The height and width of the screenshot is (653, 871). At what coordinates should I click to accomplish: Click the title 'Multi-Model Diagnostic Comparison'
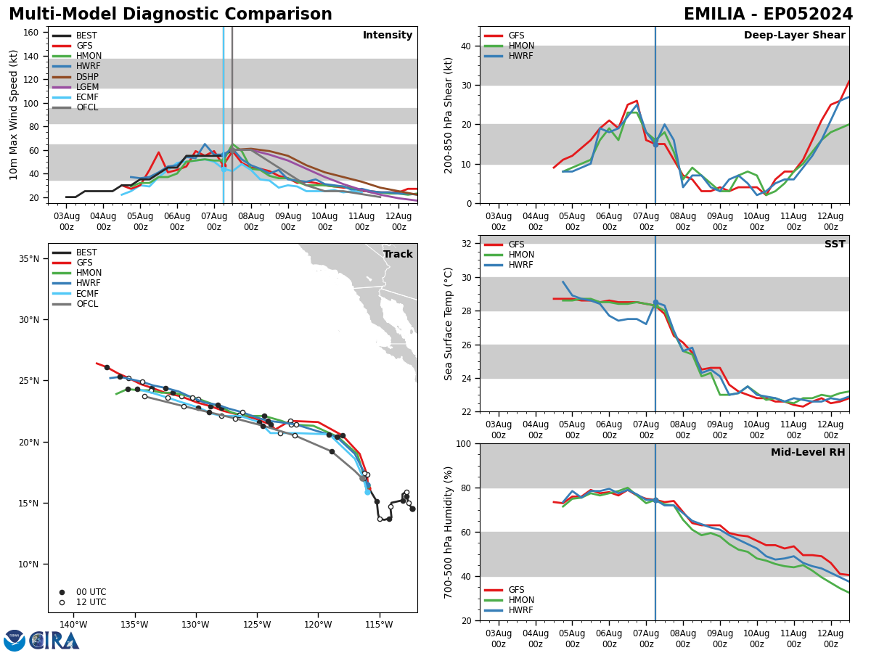coord(171,15)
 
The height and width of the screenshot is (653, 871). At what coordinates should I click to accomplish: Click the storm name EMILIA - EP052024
coord(768,15)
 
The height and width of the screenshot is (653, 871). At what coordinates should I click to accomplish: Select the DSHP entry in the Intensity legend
coord(87,77)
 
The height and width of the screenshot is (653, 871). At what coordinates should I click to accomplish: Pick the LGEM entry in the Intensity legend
coord(88,87)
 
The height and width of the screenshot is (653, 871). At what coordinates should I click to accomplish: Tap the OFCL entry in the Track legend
coord(87,304)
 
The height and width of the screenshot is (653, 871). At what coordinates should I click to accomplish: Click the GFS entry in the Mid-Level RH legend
coord(517,590)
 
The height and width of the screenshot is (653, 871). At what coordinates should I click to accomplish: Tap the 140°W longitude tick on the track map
coord(73,625)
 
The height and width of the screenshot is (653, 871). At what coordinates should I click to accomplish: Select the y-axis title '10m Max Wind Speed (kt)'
coord(14,115)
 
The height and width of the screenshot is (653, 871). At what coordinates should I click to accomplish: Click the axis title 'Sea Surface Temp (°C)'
coord(449,324)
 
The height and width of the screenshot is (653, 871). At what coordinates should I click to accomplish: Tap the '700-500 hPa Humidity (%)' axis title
coord(449,532)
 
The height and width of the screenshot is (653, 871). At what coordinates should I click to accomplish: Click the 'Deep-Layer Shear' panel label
coord(794,36)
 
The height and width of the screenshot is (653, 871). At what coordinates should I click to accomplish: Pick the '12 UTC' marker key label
coord(91,602)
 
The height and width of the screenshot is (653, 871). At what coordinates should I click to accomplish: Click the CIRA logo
coord(54,641)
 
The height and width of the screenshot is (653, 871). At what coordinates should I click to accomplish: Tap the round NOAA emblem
coord(15,641)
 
